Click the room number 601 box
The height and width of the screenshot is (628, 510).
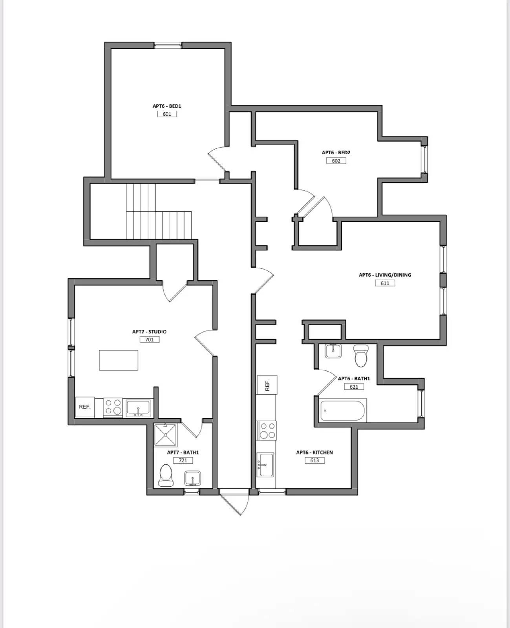coord(167,114)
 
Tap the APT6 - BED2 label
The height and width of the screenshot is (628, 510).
coord(336,153)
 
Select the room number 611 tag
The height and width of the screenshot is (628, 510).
coord(385,283)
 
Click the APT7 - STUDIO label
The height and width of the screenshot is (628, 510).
coord(149,332)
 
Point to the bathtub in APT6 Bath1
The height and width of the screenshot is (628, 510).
coord(342,411)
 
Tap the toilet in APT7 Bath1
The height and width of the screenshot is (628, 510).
coord(166,475)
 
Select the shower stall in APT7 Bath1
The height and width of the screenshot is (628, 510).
coord(165,435)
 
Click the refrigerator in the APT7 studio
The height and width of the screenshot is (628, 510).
coord(85,407)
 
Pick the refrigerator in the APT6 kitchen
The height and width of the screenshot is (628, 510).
coord(267,385)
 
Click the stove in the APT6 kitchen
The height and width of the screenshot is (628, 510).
coord(267,430)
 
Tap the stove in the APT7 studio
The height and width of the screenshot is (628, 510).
coord(113,407)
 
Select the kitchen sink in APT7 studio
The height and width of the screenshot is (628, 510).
coord(138,408)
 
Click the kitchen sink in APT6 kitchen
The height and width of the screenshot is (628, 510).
coord(266,465)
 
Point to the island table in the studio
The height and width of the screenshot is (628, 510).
coord(118,360)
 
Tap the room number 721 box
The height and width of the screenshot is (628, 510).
coord(183,460)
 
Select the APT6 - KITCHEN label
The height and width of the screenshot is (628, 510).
coord(314,453)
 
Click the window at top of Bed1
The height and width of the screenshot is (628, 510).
coord(168,46)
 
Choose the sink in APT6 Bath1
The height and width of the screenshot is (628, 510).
coord(333,351)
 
